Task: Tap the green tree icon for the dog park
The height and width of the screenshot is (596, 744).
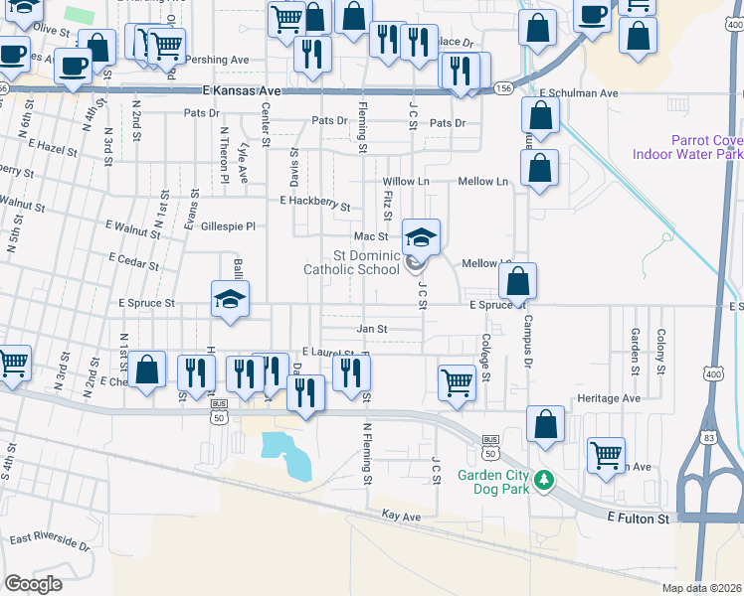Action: pyautogui.click(x=543, y=481)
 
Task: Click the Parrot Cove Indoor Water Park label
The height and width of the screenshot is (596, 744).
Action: pyautogui.click(x=706, y=147)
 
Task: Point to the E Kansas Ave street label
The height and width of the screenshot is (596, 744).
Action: pyautogui.click(x=242, y=90)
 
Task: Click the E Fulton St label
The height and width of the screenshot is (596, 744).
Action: pyautogui.click(x=639, y=519)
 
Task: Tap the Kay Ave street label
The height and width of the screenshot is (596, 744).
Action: pyautogui.click(x=402, y=516)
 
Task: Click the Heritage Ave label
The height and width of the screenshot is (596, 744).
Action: pyautogui.click(x=609, y=398)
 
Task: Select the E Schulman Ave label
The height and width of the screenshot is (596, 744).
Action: pyautogui.click(x=579, y=93)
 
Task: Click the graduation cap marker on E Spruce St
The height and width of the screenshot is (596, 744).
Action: pyautogui.click(x=230, y=301)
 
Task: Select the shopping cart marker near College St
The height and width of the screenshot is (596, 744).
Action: pyautogui.click(x=456, y=380)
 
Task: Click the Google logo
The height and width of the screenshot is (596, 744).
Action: pyautogui.click(x=34, y=584)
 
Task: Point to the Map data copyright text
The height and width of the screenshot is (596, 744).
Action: pyautogui.click(x=702, y=588)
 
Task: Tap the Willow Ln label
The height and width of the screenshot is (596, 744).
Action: pyautogui.click(x=407, y=182)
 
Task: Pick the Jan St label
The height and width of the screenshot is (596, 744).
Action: pyautogui.click(x=371, y=329)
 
